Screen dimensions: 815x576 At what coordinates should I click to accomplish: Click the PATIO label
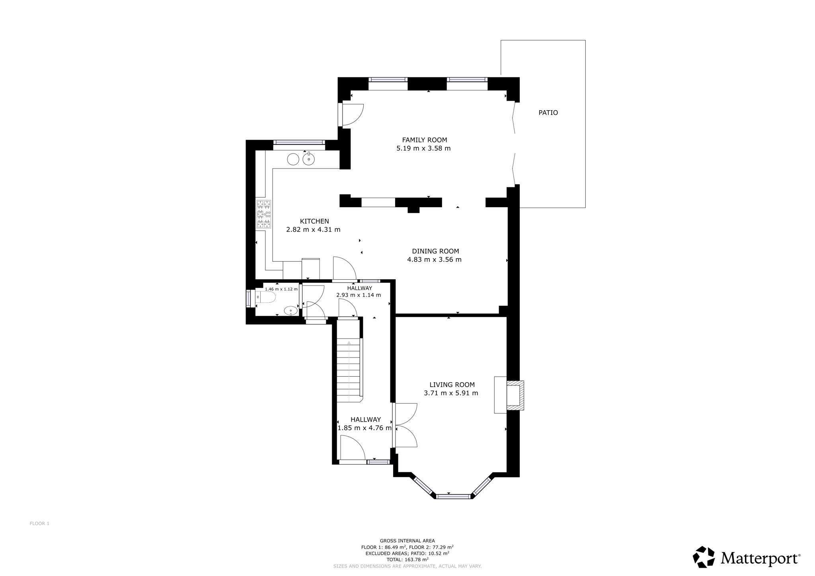point(548,113)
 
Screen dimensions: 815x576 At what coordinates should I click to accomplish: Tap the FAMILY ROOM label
point(424,140)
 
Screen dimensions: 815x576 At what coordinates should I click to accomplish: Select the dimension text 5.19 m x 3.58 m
point(423,148)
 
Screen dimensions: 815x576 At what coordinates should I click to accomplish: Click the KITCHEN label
point(314,221)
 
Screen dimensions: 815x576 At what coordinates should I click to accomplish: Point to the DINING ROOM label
point(435,251)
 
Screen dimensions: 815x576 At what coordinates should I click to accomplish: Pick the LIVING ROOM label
point(452,385)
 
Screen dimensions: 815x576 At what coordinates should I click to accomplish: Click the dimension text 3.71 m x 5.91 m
point(451,393)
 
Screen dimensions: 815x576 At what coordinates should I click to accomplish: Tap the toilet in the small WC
point(265,297)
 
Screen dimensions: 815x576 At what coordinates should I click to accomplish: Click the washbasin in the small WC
point(291,311)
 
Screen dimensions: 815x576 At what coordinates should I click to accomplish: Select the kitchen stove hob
point(264,214)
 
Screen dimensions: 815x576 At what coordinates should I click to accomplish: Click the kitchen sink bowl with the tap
point(308,159)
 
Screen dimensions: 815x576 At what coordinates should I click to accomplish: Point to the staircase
point(349,369)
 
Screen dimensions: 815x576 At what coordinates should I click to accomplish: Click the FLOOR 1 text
point(39,523)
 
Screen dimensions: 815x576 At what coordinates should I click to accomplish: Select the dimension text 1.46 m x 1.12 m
point(281,289)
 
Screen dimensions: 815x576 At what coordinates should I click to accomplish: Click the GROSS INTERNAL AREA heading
point(407,541)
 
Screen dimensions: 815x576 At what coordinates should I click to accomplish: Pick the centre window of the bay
point(453,496)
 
